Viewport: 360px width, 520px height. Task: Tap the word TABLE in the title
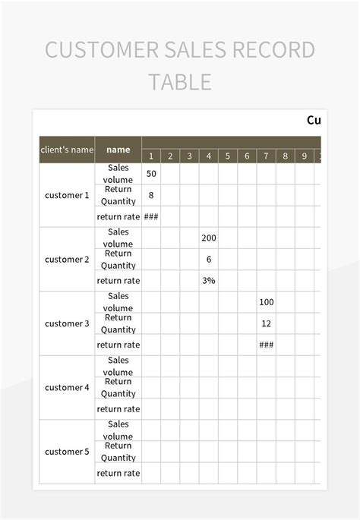179,82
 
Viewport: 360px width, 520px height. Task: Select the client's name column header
67,150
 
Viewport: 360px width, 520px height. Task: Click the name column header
118,150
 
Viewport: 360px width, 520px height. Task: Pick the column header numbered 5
227,156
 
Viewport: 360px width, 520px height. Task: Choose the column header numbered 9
304,156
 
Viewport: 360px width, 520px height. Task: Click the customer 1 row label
67,195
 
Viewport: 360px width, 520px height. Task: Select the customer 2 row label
67,259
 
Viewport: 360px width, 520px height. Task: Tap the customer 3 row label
67,323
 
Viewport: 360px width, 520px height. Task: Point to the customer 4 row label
67,387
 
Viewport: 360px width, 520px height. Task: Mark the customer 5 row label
67,452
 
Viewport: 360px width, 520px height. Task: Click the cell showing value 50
151,174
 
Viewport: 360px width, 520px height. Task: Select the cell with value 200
209,238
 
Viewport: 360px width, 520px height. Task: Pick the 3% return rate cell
209,280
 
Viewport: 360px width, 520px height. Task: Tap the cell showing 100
266,302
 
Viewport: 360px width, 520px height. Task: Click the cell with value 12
266,323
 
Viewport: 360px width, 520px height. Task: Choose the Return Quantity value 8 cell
151,195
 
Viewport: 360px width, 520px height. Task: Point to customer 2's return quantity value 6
209,259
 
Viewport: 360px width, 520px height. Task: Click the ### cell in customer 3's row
266,345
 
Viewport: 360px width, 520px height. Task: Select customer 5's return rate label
118,473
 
